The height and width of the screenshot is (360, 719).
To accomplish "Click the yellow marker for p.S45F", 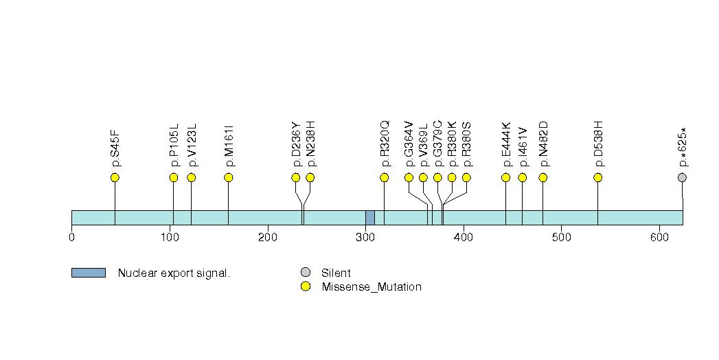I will tap(115, 178).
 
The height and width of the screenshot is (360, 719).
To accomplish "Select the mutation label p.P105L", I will tap(174, 145).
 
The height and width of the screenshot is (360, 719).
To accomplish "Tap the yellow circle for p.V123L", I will tap(192, 178).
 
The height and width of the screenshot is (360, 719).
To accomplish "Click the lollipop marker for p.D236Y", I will tap(296, 178).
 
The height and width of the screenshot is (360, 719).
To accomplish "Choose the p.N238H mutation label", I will tap(310, 144).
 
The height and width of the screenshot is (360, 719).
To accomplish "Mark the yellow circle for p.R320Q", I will tap(385, 178).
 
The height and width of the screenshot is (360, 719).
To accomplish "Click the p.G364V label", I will tap(409, 144).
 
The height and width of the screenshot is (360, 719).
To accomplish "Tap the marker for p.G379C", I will tap(437, 178).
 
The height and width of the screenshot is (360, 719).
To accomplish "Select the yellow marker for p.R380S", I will tap(466, 178).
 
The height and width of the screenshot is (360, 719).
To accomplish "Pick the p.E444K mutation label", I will tap(507, 144).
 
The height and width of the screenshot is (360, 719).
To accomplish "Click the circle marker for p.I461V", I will tap(522, 178).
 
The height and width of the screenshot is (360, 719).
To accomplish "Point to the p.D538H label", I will tap(598, 144).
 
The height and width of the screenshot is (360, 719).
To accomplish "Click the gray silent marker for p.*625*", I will tap(682, 178).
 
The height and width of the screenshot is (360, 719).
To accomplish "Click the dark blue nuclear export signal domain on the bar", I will tap(369, 217).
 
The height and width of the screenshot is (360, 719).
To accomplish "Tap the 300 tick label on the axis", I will tap(365, 238).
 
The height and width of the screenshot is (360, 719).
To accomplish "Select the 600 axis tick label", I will tap(659, 238).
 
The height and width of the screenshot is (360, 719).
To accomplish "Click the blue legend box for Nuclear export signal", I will tap(88, 273).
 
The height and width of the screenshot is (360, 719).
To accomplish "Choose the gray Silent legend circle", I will tap(306, 273).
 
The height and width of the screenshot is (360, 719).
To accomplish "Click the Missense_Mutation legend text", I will tap(371, 287).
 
